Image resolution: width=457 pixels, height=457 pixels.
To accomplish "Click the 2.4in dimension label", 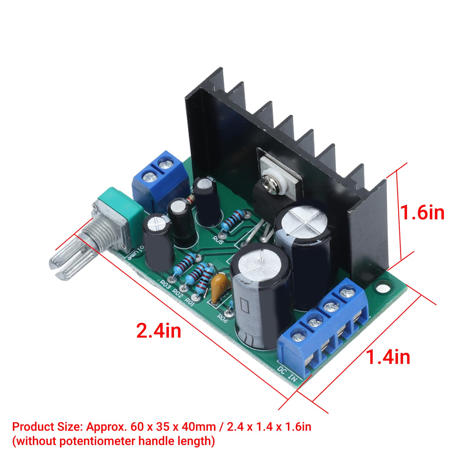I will click(159, 330).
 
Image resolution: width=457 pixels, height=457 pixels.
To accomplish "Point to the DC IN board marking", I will click(287, 373).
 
